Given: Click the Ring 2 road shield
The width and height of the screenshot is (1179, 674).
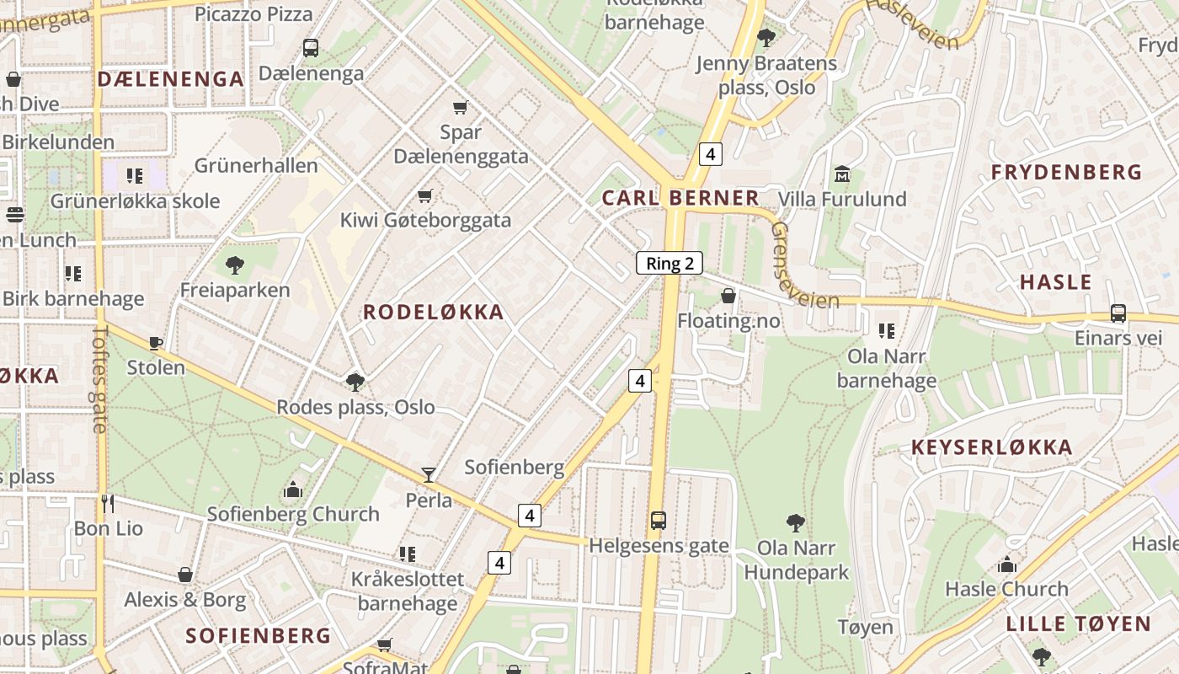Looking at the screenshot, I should point(670,263).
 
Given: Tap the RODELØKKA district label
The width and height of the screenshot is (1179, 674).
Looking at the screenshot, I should point(433,312).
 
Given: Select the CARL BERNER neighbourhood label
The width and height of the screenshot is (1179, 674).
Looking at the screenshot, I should point(680,198).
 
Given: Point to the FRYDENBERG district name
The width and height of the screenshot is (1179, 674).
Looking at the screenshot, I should point(1066,173).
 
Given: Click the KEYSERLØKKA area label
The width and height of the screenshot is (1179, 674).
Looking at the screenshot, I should point(992,447).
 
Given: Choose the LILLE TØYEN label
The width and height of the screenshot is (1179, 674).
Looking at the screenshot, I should point(1078,624).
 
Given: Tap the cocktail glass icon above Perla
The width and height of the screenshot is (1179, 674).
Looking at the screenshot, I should point(429,475).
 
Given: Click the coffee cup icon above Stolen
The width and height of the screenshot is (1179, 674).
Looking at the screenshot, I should point(156,343).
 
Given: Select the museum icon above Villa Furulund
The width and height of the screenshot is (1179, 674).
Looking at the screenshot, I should point(841,174).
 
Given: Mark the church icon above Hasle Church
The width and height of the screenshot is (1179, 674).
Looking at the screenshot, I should point(1006,564).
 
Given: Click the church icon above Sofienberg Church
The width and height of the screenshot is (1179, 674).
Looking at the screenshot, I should point(293,489).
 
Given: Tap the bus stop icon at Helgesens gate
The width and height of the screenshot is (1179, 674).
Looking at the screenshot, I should point(659,521).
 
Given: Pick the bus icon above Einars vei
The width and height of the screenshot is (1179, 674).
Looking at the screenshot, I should point(1118,313).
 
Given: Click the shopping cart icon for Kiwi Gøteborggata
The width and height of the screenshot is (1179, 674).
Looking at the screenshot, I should point(425,196).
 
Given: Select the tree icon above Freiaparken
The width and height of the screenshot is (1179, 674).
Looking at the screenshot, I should point(235,265).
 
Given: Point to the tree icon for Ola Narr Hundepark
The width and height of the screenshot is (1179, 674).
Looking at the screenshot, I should point(795,523).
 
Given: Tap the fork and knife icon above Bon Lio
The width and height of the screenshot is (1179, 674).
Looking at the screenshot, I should point(108,504).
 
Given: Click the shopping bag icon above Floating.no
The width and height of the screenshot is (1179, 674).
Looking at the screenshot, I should point(728,296).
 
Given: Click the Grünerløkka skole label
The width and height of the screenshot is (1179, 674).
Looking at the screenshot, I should point(135,201).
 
